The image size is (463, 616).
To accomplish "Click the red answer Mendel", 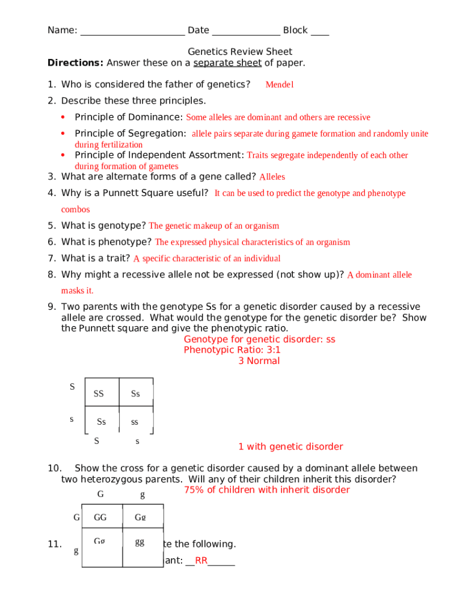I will (x=279, y=85).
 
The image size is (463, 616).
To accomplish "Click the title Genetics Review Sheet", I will (x=240, y=52).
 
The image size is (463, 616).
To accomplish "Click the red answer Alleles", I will (x=272, y=177).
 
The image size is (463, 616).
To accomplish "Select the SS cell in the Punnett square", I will (x=99, y=394).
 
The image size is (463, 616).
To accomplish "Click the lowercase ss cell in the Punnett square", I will (x=135, y=422).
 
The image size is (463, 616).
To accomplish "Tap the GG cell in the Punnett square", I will (x=100, y=517).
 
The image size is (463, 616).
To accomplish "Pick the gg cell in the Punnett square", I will (x=140, y=542).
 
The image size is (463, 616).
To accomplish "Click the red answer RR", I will (x=201, y=561).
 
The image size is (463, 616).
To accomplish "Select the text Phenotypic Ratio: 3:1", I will (x=232, y=350).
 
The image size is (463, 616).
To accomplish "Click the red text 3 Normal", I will (x=259, y=361).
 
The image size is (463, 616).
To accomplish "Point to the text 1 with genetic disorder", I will (x=290, y=447).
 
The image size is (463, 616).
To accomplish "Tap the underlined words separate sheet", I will (x=227, y=63).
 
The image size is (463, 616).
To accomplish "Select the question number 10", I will (x=54, y=469).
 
